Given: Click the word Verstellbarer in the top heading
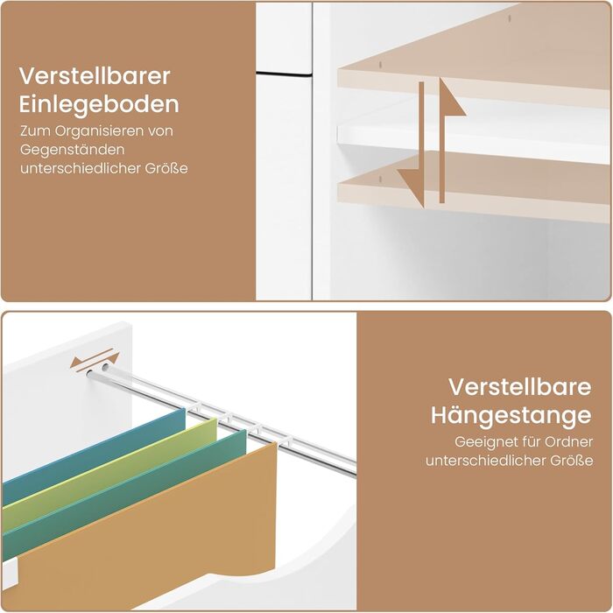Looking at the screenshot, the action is coord(95,76).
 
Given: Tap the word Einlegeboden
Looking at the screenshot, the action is coord(99,104).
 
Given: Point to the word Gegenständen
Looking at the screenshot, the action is coord(73,150).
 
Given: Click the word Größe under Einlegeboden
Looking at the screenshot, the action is coord(166,168).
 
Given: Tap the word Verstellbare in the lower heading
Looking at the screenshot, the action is coord(519,387).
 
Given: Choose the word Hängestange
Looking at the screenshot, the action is coord(511,415).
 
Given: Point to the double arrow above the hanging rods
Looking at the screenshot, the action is coord(95,360).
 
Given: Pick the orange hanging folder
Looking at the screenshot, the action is coord(149,539).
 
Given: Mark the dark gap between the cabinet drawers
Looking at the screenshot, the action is coord(284,73).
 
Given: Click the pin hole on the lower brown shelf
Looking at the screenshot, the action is coord(380,179).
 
